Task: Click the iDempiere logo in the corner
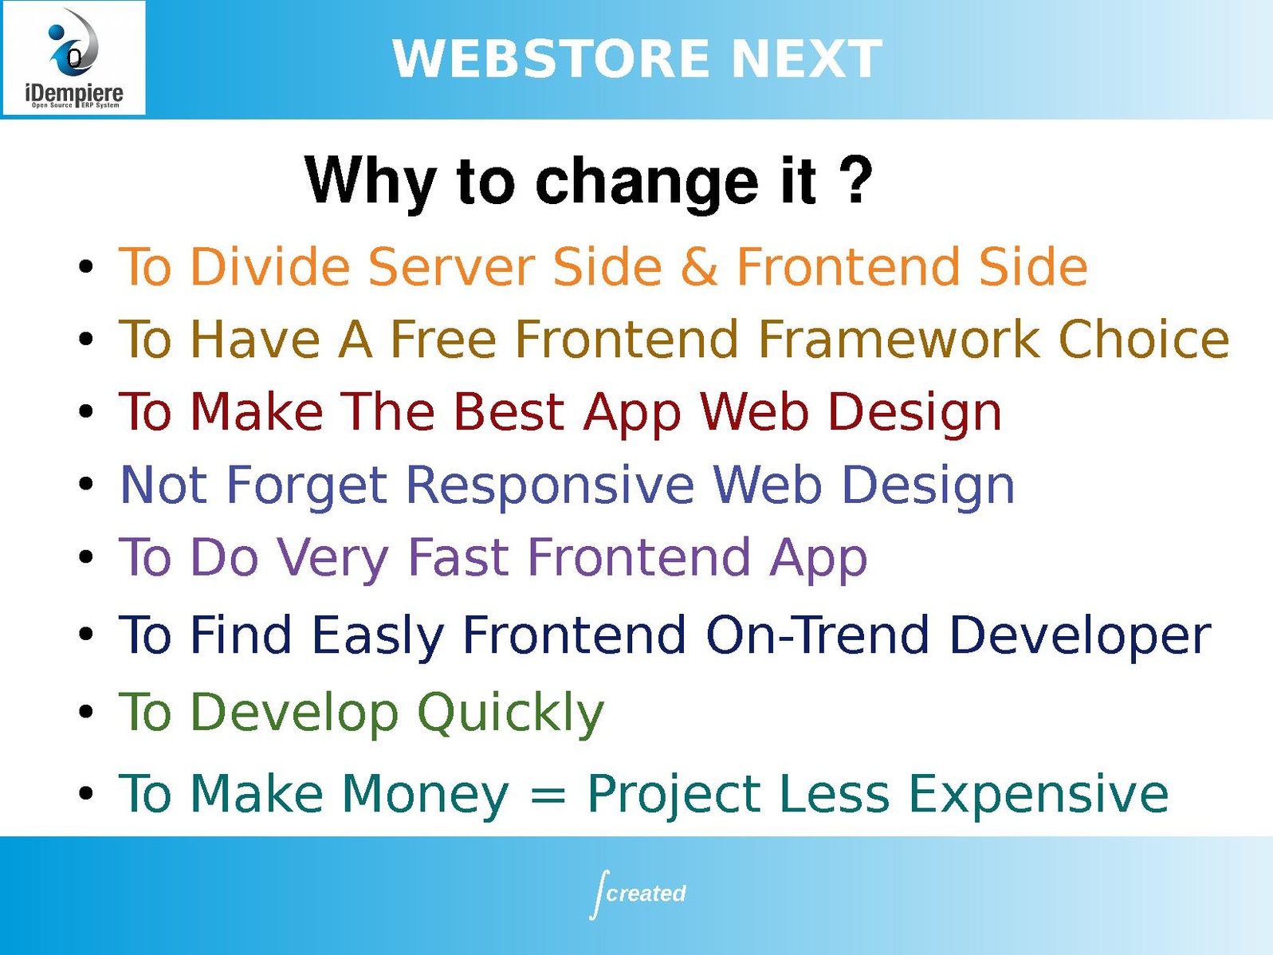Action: click(x=74, y=58)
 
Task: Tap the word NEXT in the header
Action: click(x=807, y=58)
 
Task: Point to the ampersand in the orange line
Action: click(x=699, y=267)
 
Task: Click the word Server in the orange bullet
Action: click(x=450, y=267)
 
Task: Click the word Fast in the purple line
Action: click(x=459, y=557)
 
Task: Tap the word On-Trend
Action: click(x=818, y=635)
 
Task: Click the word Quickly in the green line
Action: click(x=511, y=713)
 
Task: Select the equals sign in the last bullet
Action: click(x=548, y=794)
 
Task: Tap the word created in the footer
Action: click(x=646, y=893)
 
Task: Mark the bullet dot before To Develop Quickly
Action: click(x=86, y=712)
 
